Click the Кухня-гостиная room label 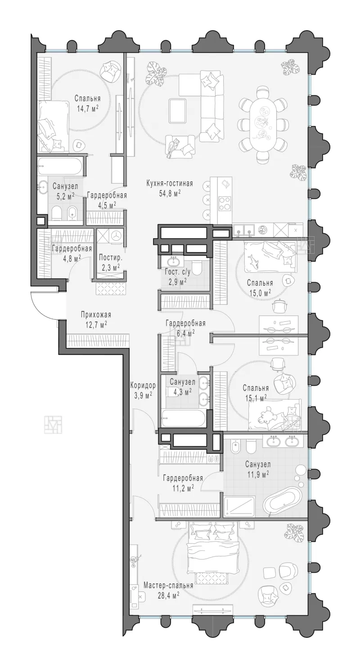[170, 183]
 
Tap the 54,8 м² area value [170, 194]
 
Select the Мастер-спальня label [168, 585]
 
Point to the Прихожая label [96, 315]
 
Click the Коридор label [143, 385]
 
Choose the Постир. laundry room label [110, 257]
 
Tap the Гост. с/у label [175, 272]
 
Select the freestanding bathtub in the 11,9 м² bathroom [283, 501]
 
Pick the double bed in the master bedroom [213, 546]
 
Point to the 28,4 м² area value [168, 596]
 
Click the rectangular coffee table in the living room [177, 111]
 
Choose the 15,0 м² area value [260, 292]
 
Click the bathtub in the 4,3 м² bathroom [183, 418]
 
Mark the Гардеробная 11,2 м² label [183, 483]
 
